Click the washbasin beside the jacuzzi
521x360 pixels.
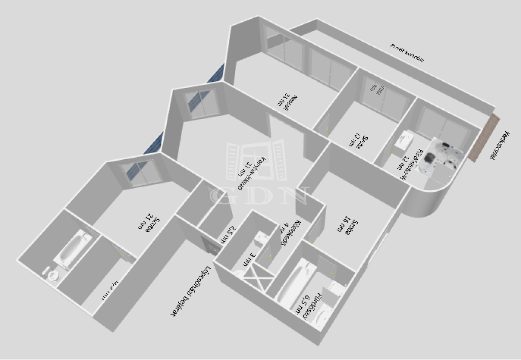406,139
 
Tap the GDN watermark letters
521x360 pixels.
259,196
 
